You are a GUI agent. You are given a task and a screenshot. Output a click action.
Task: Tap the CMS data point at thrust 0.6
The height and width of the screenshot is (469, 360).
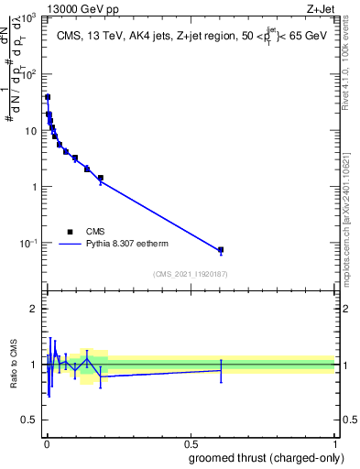(221, 250)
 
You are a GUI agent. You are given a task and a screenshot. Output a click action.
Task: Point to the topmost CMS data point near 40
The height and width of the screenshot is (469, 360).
(48, 97)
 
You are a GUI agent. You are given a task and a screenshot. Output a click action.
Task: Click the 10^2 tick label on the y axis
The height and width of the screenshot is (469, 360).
(27, 74)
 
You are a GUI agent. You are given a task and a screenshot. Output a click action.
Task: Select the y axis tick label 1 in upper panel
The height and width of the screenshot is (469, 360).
(33, 187)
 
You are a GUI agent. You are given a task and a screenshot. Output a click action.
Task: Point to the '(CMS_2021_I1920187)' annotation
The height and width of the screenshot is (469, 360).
(191, 274)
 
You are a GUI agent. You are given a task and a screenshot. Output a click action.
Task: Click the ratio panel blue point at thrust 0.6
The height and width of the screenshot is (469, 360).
(221, 370)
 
